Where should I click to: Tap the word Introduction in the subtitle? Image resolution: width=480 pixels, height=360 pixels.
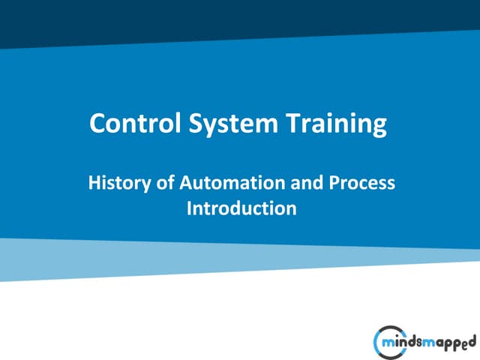tap(241, 208)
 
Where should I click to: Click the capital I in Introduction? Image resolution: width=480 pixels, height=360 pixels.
tap(189, 208)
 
